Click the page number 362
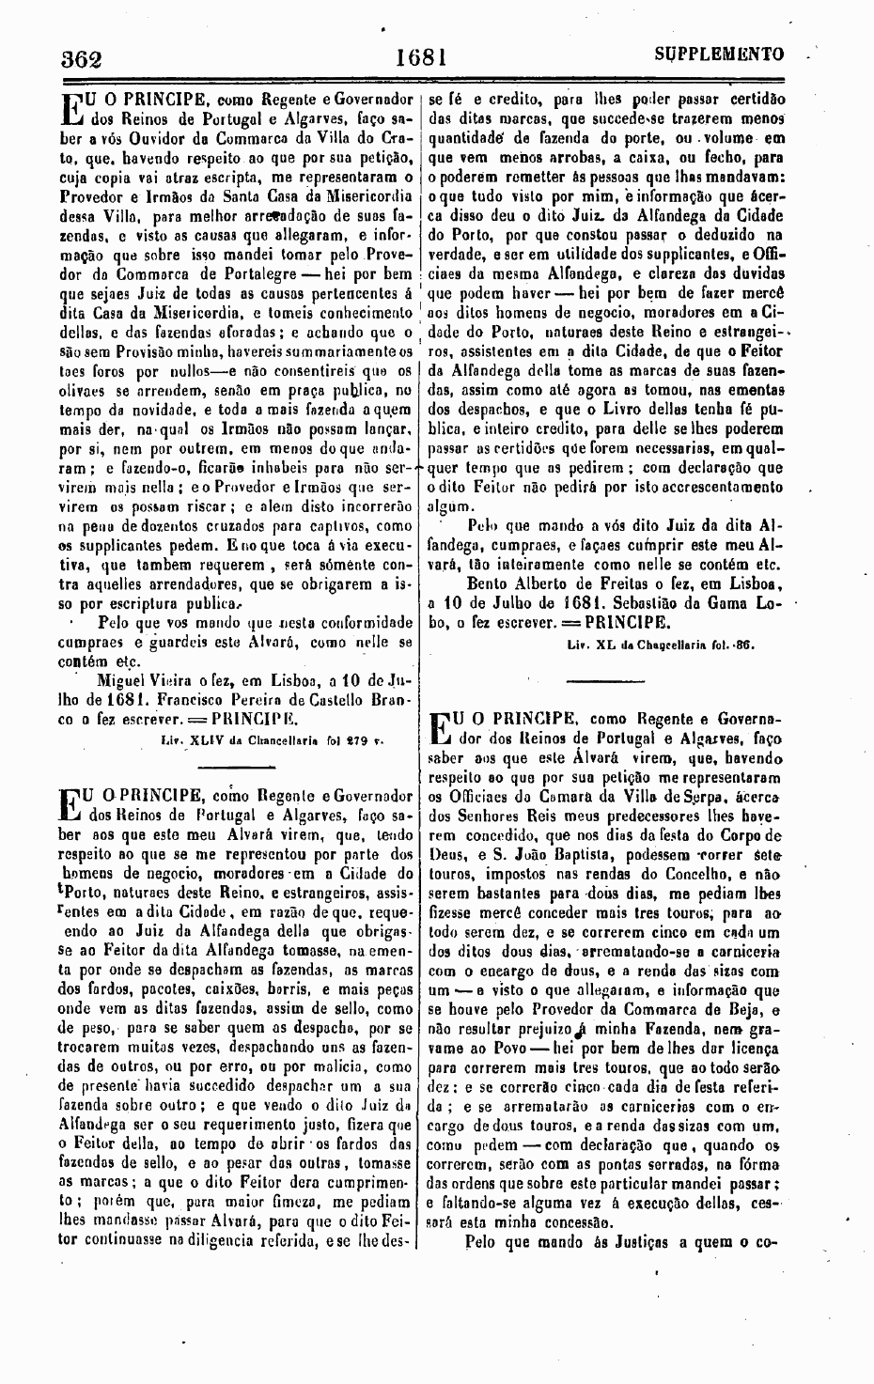[81, 56]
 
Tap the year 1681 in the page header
[419, 56]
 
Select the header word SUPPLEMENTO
[719, 54]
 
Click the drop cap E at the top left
[70, 109]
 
